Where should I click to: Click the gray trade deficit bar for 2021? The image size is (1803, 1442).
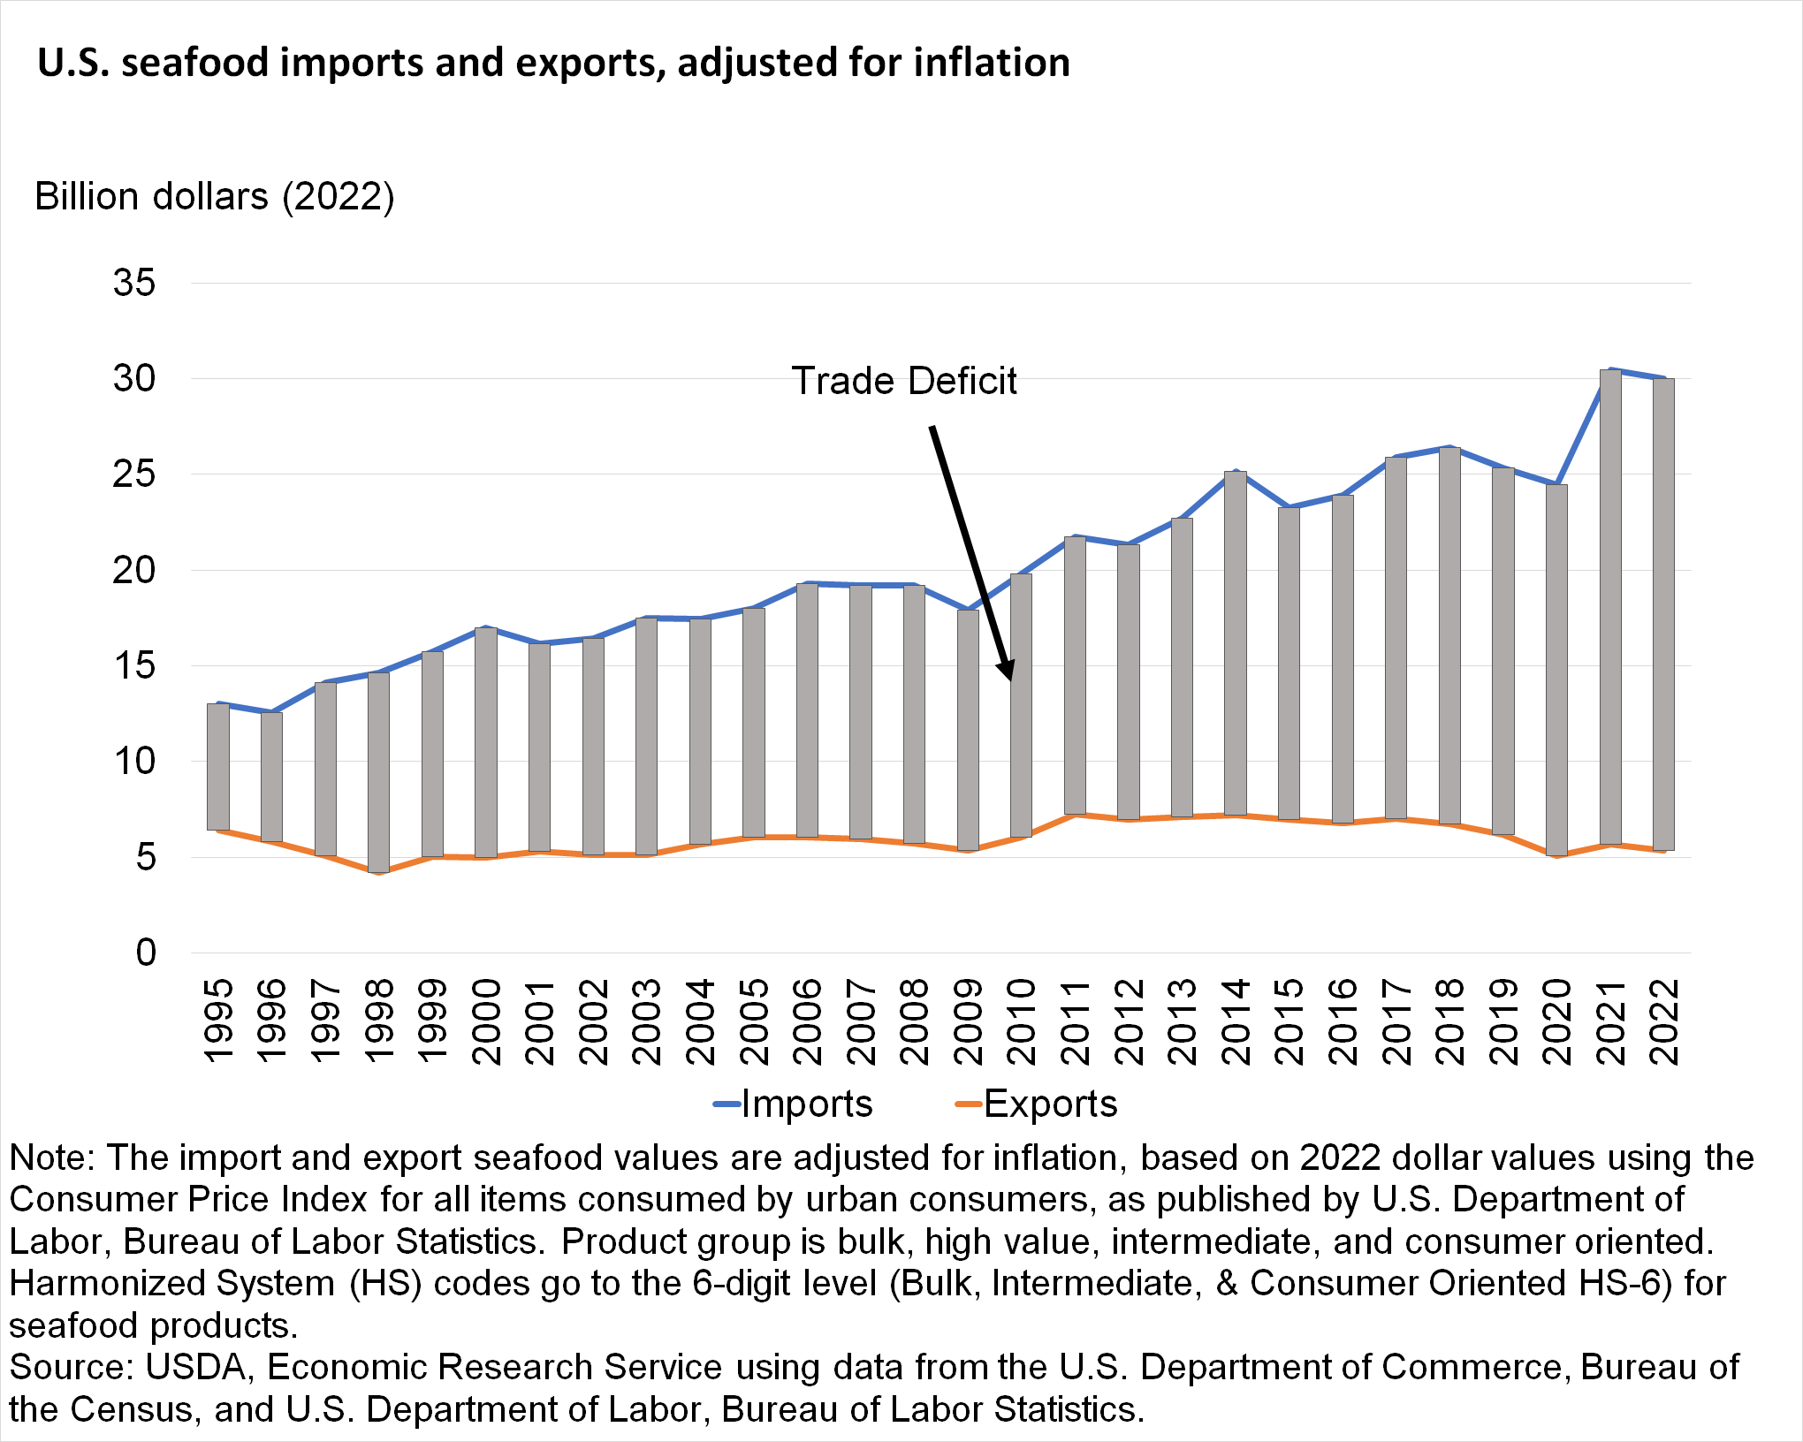[x=1610, y=606]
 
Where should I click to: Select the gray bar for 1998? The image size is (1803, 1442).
[x=378, y=771]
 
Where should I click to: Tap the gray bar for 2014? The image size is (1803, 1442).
[x=1235, y=642]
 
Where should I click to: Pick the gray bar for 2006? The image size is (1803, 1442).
[x=807, y=710]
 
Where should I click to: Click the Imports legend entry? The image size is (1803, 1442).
[x=794, y=1104]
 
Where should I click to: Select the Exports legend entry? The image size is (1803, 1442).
[x=1038, y=1104]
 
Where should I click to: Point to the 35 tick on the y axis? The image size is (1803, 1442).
[x=134, y=283]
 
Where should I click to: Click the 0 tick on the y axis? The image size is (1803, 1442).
[x=146, y=952]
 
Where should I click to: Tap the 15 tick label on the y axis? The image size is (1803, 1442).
[x=134, y=665]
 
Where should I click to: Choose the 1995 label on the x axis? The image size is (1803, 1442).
[x=218, y=1021]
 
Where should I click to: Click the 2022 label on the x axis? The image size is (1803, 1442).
[x=1664, y=1021]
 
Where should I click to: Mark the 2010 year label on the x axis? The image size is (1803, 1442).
[x=1022, y=1021]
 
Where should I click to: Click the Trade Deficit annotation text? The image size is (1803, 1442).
[x=903, y=381]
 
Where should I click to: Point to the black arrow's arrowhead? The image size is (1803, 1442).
[x=1006, y=672]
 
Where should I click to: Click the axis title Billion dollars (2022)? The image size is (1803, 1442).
[x=215, y=196]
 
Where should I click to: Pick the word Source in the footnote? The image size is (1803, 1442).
[x=70, y=1367]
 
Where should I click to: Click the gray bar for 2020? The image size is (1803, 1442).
[x=1556, y=669]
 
